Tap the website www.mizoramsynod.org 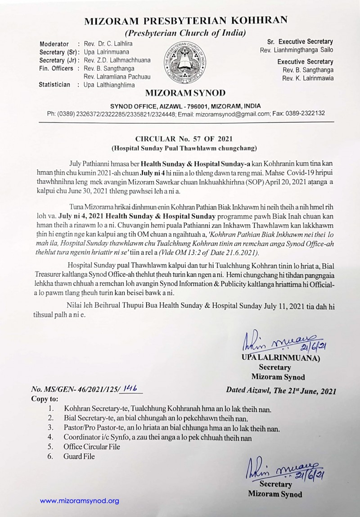point(80,500)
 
